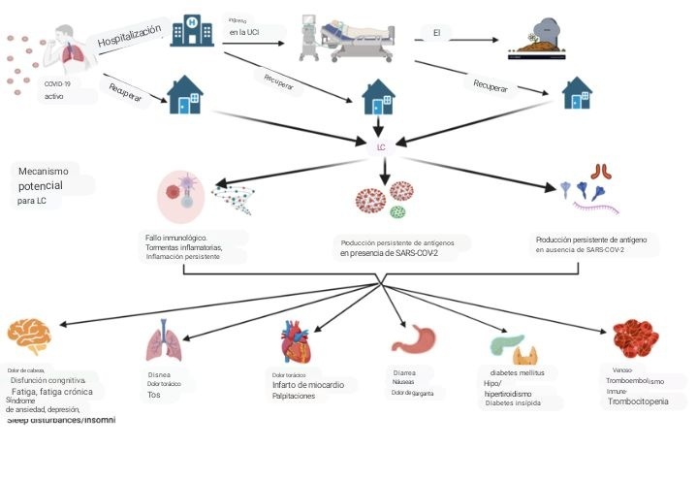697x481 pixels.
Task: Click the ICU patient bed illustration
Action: coord(344,38)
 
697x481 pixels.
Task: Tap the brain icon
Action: coord(28,336)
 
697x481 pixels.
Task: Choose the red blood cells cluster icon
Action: coord(635,339)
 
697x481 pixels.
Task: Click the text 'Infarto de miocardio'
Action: coord(307,385)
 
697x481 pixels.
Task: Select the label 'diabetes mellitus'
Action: coord(517,372)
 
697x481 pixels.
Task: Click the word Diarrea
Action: coord(405,372)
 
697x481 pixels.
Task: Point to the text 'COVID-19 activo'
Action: coord(57,90)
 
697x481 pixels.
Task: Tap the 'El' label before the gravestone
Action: coord(437,33)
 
